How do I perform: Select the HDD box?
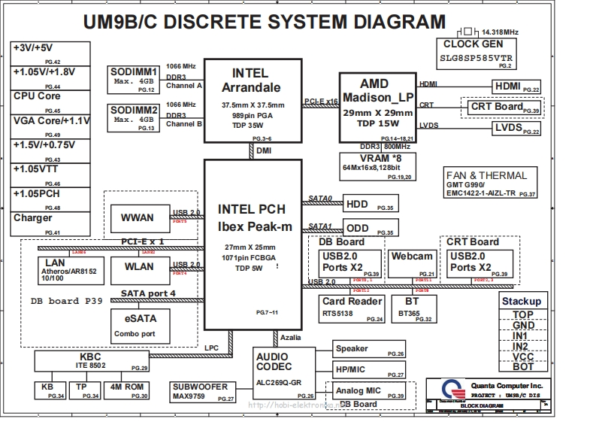369,204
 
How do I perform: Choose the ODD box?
369,228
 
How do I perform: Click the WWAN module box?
137,218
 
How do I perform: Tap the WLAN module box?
137,268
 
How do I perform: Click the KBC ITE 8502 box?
91,361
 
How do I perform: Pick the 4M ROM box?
127,390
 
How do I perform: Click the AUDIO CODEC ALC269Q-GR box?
285,373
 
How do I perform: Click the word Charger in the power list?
33,219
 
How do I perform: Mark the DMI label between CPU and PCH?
264,151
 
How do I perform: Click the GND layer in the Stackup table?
523,326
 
